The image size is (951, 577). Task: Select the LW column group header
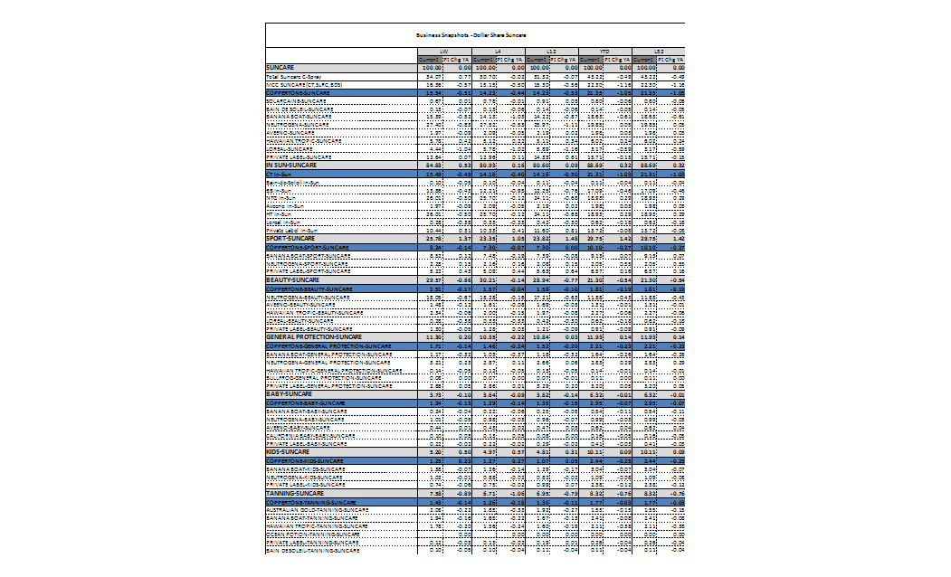(443, 52)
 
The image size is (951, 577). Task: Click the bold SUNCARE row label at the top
(281, 68)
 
